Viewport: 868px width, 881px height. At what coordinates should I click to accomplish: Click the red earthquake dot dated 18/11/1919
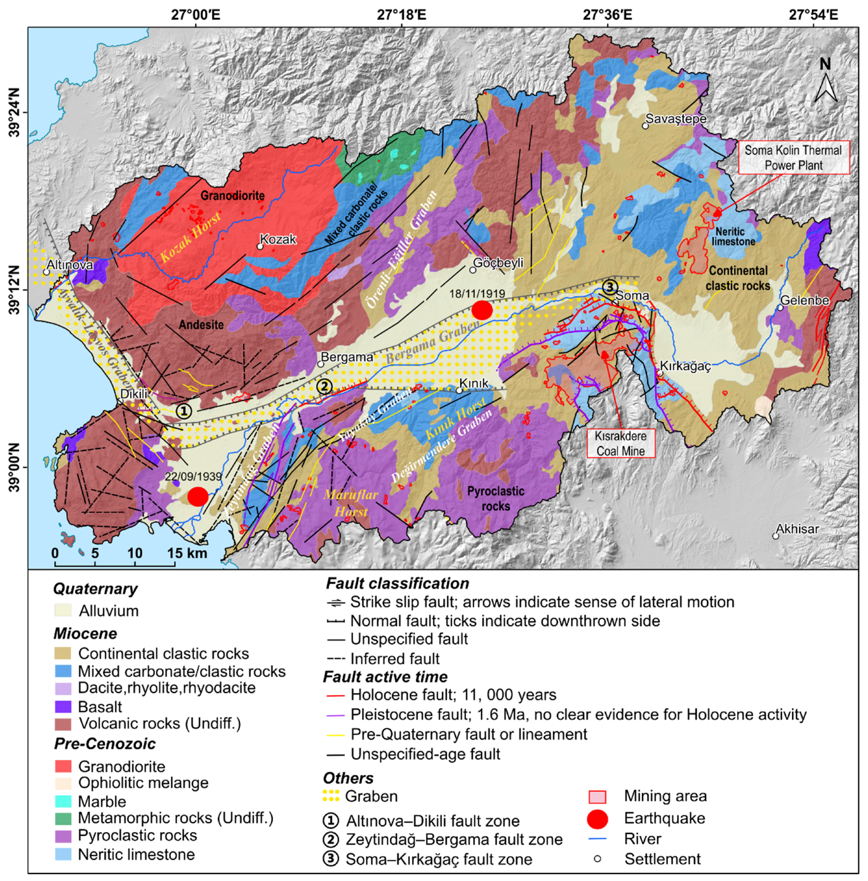(482, 310)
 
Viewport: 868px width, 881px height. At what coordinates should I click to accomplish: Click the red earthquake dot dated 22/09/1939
(198, 495)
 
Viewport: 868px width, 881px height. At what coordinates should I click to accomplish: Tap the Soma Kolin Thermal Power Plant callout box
(793, 158)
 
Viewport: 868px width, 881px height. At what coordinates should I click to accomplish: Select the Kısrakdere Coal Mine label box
(620, 443)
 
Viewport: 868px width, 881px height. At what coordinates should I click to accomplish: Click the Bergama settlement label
(347, 357)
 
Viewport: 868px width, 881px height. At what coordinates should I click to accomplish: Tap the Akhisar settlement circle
(776, 536)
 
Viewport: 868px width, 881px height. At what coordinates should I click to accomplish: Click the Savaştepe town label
(676, 119)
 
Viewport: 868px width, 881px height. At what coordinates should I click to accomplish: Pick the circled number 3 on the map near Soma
(609, 287)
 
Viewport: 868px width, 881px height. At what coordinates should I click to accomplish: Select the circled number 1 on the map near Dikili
(183, 410)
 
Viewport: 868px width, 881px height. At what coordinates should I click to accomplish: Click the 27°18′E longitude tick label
(401, 14)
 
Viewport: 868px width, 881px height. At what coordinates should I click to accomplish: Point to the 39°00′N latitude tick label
(14, 468)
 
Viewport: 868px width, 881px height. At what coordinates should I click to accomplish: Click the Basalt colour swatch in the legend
(64, 706)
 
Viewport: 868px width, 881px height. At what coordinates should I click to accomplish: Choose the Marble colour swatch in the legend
(64, 801)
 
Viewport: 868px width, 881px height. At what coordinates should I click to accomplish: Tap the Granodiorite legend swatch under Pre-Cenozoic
(64, 766)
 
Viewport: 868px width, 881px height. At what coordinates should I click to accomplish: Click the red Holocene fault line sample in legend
(335, 696)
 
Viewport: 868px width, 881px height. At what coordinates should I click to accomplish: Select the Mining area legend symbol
(597, 796)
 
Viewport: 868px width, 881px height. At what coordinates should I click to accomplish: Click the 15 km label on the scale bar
(187, 553)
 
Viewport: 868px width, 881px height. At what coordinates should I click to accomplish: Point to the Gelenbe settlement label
(804, 300)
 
